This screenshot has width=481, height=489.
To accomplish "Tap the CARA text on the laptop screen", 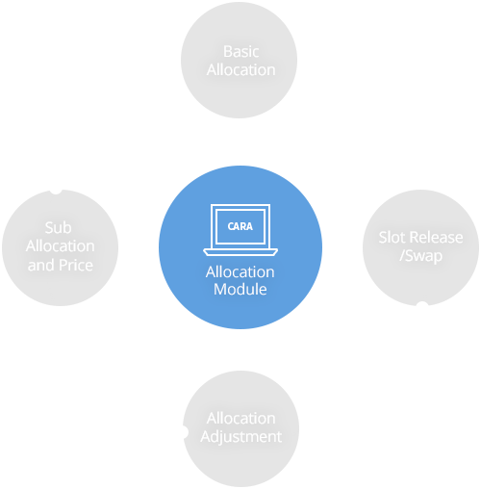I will coord(240,226).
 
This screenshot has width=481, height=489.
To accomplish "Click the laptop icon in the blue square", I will coord(240,230).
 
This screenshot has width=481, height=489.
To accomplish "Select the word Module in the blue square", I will coord(240,289).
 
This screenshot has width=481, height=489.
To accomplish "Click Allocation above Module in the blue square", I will coord(240,271).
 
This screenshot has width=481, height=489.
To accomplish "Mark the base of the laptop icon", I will coord(240,253).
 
